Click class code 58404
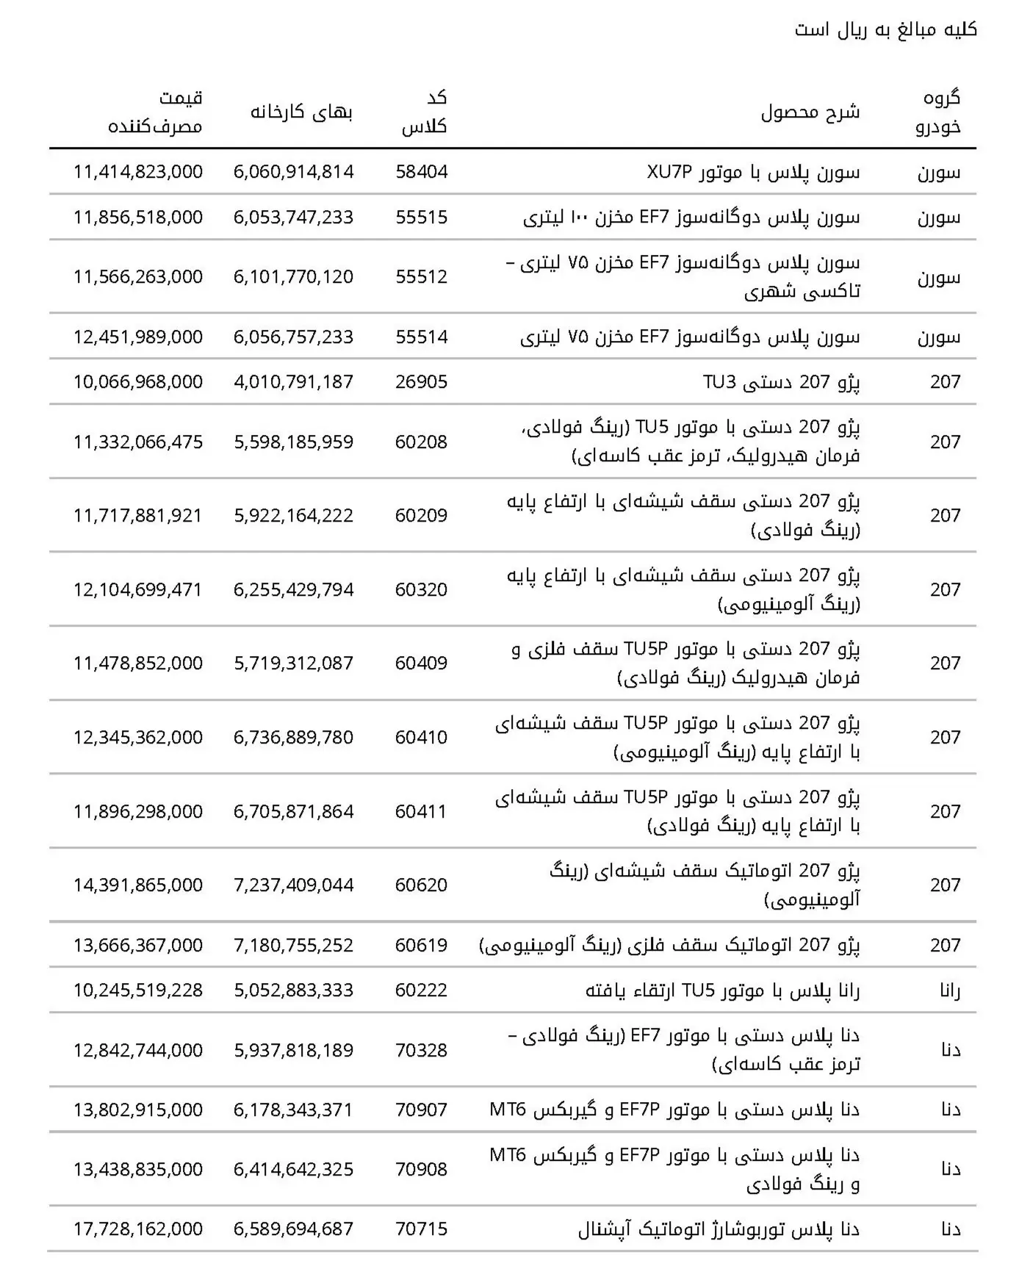(x=421, y=172)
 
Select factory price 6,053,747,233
(x=294, y=217)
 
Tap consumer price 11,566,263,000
(x=138, y=277)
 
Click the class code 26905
(x=421, y=382)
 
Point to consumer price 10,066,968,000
(x=138, y=382)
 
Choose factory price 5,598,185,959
(x=294, y=442)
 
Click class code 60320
(x=421, y=590)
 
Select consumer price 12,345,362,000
(x=138, y=738)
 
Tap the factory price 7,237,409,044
(x=294, y=885)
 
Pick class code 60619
(x=421, y=946)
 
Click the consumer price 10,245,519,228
(x=138, y=990)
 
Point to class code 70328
(x=421, y=1051)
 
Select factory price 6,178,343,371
(x=294, y=1110)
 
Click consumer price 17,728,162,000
(x=138, y=1229)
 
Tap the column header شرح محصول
(x=810, y=112)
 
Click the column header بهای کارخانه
(x=302, y=112)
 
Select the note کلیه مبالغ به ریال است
(x=885, y=30)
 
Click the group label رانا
(x=949, y=990)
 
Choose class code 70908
(x=421, y=1170)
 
